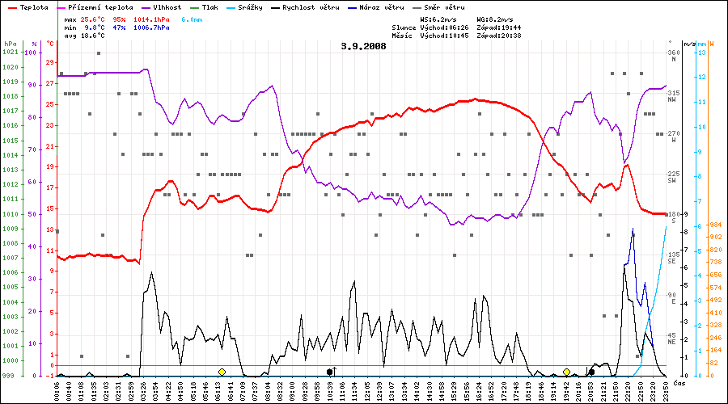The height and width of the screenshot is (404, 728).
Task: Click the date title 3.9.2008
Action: [x=364, y=46]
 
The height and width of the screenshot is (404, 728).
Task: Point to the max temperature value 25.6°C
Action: [x=94, y=18]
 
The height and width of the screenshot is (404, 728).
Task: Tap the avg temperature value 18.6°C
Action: [x=94, y=36]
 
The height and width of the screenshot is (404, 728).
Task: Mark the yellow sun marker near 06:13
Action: [x=222, y=372]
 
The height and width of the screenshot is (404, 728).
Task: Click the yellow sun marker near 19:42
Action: [x=566, y=372]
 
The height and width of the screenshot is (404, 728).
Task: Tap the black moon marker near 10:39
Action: [x=329, y=372]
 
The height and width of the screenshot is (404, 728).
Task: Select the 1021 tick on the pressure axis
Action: [x=10, y=53]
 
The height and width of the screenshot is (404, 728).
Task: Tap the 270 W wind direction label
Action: [x=673, y=134]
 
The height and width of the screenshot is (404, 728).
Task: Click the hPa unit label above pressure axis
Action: [x=10, y=43]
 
